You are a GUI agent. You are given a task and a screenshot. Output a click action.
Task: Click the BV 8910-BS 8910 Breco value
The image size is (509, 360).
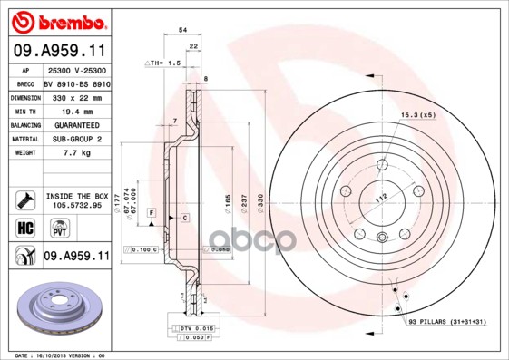(77, 83)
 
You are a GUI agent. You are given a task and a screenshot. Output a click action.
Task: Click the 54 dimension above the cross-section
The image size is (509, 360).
(183, 31)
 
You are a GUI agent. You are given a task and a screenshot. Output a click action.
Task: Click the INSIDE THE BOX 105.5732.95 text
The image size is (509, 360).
(76, 199)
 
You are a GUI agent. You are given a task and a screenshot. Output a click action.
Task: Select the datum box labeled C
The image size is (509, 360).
(184, 219)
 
